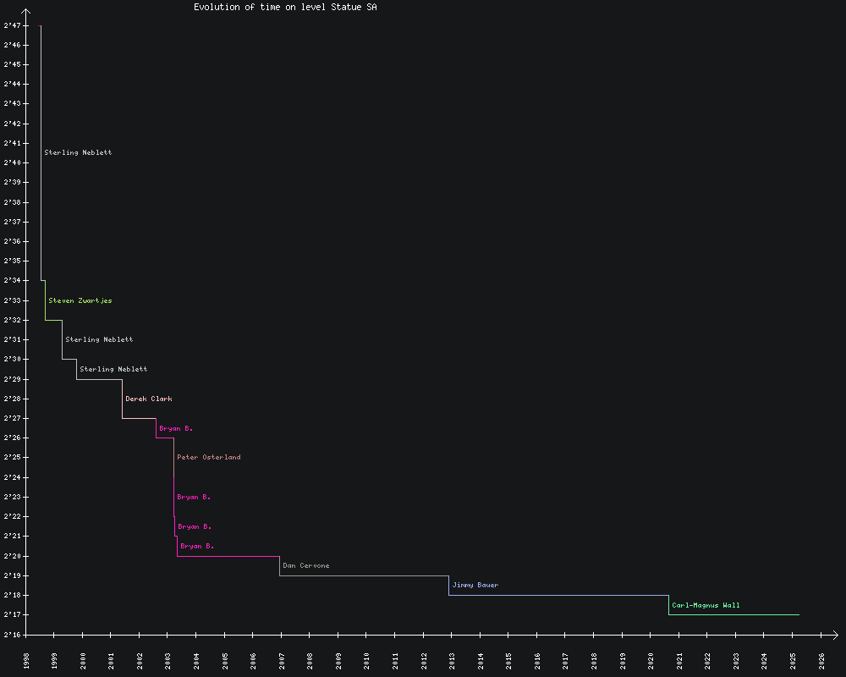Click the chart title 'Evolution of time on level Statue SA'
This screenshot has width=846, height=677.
pyautogui.click(x=285, y=7)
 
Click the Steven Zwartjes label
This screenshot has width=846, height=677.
pyautogui.click(x=80, y=300)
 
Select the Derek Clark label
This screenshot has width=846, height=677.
pyautogui.click(x=148, y=399)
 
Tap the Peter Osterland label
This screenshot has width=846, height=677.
pyautogui.click(x=208, y=457)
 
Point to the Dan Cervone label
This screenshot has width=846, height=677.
pyautogui.click(x=305, y=565)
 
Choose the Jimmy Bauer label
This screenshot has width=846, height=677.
pyautogui.click(x=475, y=585)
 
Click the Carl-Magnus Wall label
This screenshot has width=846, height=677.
pyautogui.click(x=706, y=605)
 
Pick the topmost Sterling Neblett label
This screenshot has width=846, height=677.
pyautogui.click(x=78, y=152)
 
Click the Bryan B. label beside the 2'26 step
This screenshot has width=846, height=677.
pyautogui.click(x=176, y=428)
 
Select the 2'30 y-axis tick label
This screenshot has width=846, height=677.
pyautogui.click(x=12, y=359)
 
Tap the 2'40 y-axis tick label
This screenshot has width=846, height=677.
pyautogui.click(x=12, y=162)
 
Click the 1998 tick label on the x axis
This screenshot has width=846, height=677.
pyautogui.click(x=26, y=660)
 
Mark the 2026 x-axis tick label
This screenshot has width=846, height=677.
pyautogui.click(x=821, y=660)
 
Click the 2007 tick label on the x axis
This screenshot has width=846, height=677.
pyautogui.click(x=282, y=660)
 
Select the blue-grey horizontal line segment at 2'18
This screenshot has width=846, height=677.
pyautogui.click(x=558, y=595)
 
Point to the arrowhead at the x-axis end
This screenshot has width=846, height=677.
pyautogui.click(x=835, y=635)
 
